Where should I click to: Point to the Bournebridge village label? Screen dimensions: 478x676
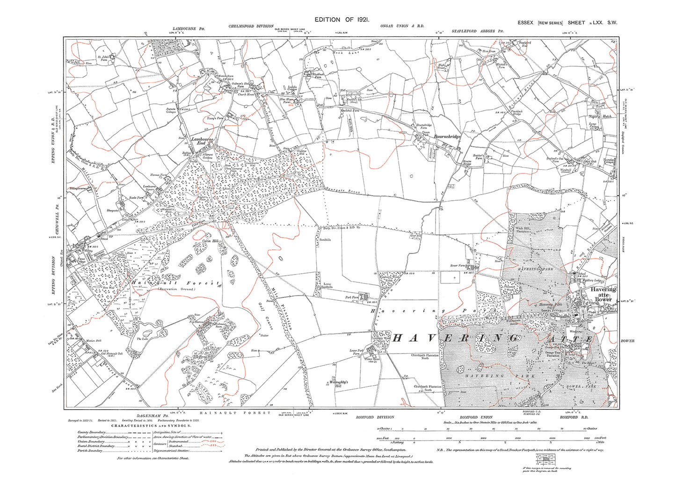447,137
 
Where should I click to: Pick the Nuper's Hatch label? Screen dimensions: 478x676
600,116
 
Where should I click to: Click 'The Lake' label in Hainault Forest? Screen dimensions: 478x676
142,338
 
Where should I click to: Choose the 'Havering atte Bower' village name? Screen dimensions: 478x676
603,294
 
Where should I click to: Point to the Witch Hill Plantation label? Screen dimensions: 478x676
523,229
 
